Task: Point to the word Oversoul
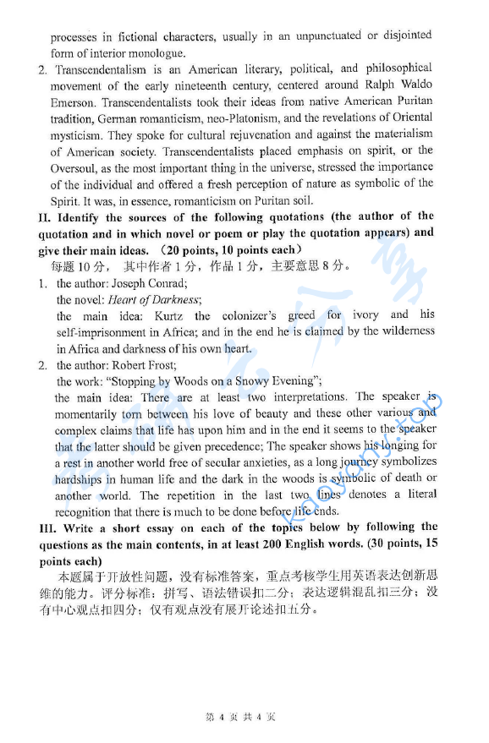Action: (75, 167)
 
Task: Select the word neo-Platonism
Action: (241, 117)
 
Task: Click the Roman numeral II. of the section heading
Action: (45, 216)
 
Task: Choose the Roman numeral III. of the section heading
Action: (48, 527)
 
